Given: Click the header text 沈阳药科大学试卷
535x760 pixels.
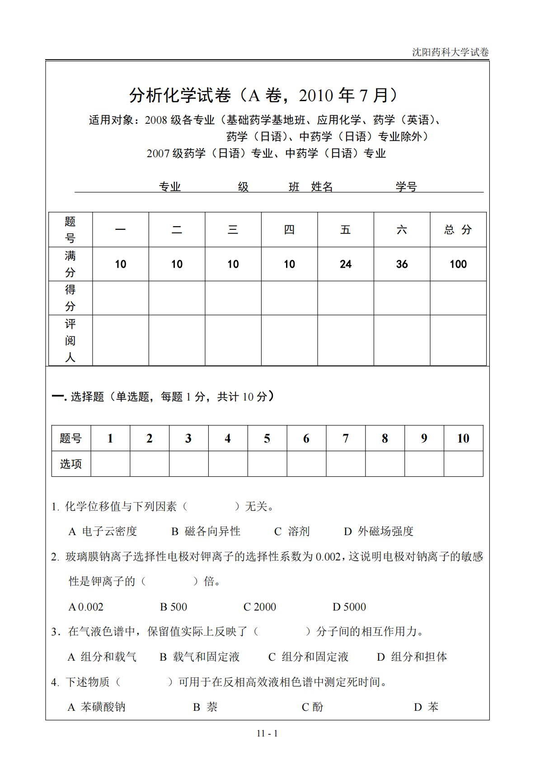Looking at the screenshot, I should pyautogui.click(x=450, y=52).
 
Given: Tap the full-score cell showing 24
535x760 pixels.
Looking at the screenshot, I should pyautogui.click(x=346, y=264).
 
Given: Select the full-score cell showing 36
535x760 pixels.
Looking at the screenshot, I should pyautogui.click(x=402, y=264).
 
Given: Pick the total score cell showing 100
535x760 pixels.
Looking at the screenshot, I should pyautogui.click(x=458, y=264).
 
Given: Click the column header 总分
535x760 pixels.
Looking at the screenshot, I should pyautogui.click(x=458, y=230).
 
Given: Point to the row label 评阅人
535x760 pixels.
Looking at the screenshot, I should pyautogui.click(x=70, y=340).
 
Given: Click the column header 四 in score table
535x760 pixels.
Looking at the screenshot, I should pyautogui.click(x=289, y=230).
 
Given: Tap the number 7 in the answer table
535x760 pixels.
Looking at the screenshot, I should pyautogui.click(x=346, y=438).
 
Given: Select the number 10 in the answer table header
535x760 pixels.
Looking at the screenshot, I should pyautogui.click(x=463, y=438).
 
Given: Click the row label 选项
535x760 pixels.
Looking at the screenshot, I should pyautogui.click(x=71, y=464).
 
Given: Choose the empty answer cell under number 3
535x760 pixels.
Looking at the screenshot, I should pyautogui.click(x=188, y=464).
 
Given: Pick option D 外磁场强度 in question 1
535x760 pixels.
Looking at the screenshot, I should pyautogui.click(x=379, y=532).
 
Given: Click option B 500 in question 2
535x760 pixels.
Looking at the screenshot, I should pyautogui.click(x=174, y=607).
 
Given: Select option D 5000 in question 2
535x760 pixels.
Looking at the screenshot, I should pyautogui.click(x=349, y=607).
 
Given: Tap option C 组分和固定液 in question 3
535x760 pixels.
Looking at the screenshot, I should pyautogui.click(x=309, y=657).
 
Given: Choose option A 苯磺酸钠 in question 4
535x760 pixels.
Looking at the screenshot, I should pyautogui.click(x=97, y=707).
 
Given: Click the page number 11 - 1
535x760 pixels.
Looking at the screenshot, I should pyautogui.click(x=267, y=734).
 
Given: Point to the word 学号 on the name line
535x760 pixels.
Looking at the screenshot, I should pyautogui.click(x=406, y=187).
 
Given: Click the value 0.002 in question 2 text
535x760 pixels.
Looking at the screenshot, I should pyautogui.click(x=328, y=557).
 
